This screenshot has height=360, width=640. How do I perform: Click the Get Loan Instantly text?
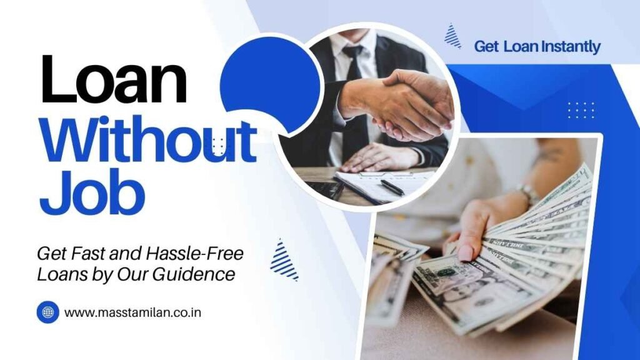(537, 46)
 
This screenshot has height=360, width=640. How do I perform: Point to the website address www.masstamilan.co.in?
(132, 311)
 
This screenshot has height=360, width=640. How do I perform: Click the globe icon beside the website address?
(47, 311)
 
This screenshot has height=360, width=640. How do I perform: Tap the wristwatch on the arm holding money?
(529, 195)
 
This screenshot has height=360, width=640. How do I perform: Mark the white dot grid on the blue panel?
(581, 110)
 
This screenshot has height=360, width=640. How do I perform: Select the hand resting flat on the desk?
(375, 157)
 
